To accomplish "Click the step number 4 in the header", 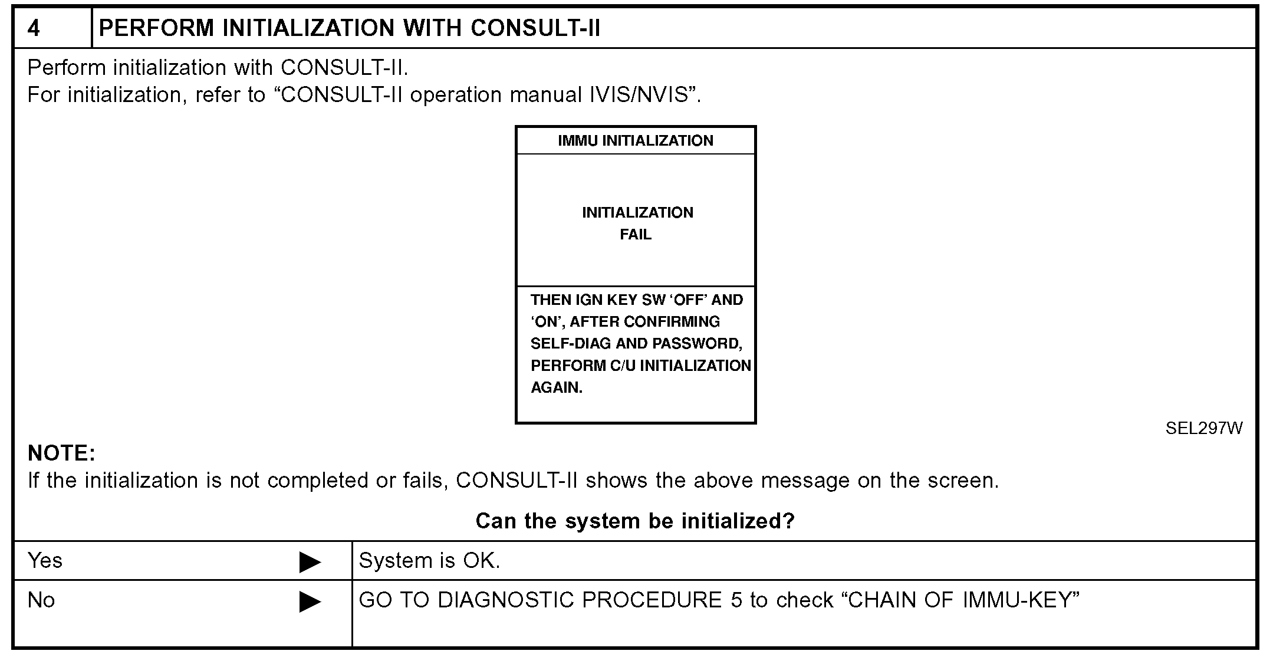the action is coord(34,28).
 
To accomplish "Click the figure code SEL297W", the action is coord(1203,429).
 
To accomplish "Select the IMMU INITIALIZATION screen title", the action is coord(636,141).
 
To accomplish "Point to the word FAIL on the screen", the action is coord(636,235).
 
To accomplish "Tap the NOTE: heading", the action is coord(61,453).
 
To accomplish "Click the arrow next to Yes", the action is coord(310,562).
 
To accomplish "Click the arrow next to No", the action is coord(310,601).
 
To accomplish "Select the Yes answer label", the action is coord(45,560).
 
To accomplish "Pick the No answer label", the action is coord(41,600).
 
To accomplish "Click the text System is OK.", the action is coord(429,561).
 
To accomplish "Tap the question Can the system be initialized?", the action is coord(635,521).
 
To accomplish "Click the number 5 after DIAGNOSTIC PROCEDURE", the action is coord(736,600).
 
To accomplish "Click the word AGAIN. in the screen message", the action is coord(557,388).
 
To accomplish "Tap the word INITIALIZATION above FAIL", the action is coord(637,213).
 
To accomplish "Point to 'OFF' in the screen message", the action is coord(689,300).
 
